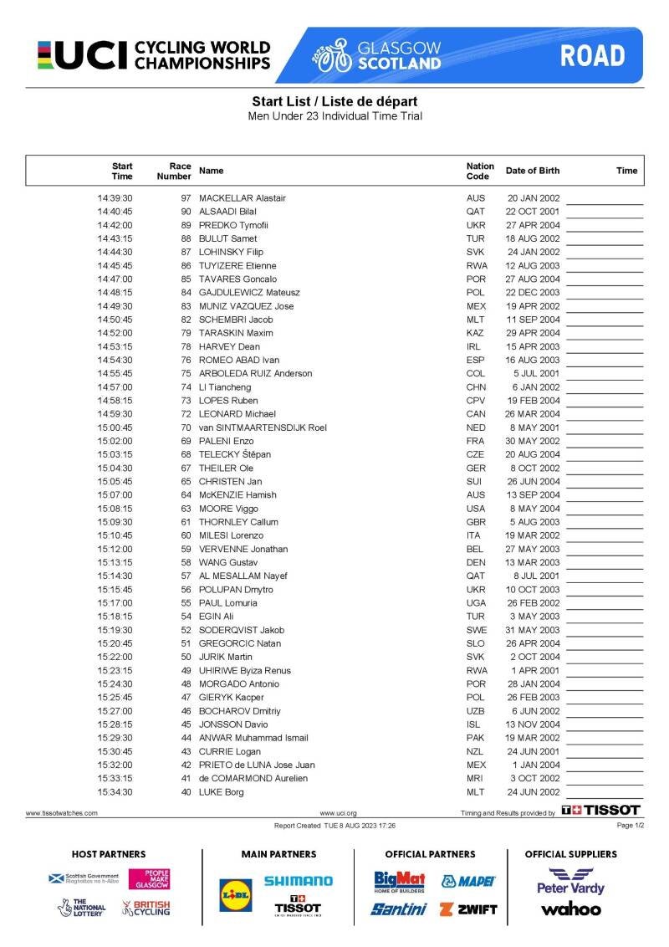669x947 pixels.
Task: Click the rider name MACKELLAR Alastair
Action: point(243,198)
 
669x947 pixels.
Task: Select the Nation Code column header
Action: point(480,171)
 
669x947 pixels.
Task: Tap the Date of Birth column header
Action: point(533,171)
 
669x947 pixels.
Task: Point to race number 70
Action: point(186,427)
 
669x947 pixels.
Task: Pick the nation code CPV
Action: point(476,401)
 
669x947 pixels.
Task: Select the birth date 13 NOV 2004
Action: point(534,724)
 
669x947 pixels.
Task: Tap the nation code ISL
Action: point(474,724)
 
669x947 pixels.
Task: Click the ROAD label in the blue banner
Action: point(592,56)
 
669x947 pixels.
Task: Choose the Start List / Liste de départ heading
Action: point(334,102)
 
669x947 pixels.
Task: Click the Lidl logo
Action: point(235,894)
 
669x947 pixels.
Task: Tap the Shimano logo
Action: point(298,881)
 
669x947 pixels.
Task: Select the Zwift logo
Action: point(468,909)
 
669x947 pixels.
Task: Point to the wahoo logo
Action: point(570,909)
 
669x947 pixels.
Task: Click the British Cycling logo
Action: point(146,908)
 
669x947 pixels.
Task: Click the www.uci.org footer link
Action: point(338,812)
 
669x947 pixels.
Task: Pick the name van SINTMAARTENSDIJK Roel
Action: point(263,427)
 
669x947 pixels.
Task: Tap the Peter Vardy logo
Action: point(570,882)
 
